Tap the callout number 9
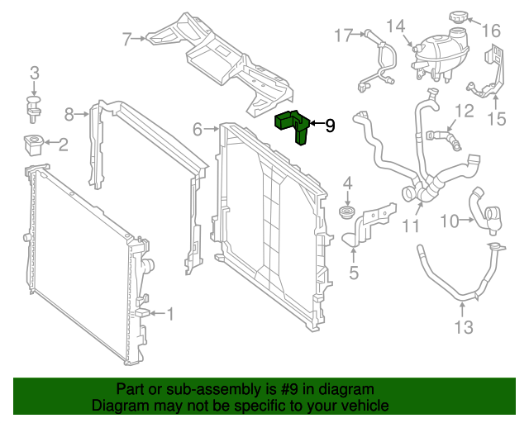[x=330, y=126]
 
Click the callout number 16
[x=491, y=31]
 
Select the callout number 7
[x=127, y=38]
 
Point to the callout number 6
[x=198, y=129]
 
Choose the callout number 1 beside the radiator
[x=170, y=314]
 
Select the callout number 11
[x=411, y=225]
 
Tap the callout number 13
[x=464, y=328]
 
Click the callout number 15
[x=496, y=119]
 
